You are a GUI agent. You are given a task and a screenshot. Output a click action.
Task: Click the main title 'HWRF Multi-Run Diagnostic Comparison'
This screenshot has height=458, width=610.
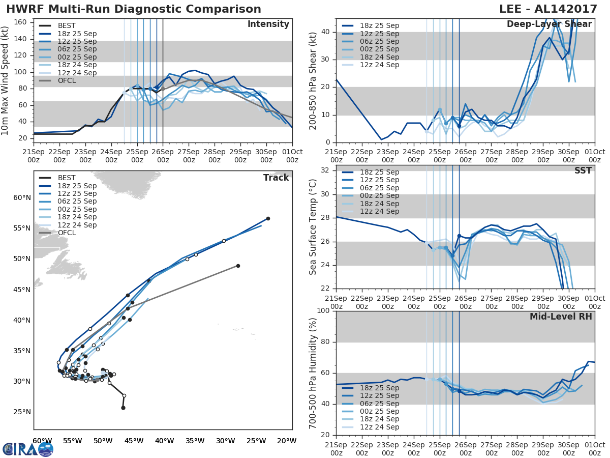pyautogui.click(x=134, y=9)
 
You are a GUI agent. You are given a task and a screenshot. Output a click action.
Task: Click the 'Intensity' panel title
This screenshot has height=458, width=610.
pyautogui.click(x=268, y=24)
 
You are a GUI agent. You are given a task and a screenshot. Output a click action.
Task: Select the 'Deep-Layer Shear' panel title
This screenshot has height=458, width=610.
pyautogui.click(x=549, y=24)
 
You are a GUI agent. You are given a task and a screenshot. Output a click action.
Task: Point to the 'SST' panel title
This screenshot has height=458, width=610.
pyautogui.click(x=583, y=171)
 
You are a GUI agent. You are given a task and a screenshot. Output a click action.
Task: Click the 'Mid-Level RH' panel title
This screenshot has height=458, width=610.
pyautogui.click(x=561, y=317)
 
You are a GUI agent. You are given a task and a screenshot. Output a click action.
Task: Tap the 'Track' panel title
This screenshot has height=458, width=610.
pyautogui.click(x=276, y=178)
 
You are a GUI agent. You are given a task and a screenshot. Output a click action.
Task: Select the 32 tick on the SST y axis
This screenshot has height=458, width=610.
pyautogui.click(x=325, y=170)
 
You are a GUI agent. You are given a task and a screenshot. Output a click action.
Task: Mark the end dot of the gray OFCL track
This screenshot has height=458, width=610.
pyautogui.click(x=238, y=266)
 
